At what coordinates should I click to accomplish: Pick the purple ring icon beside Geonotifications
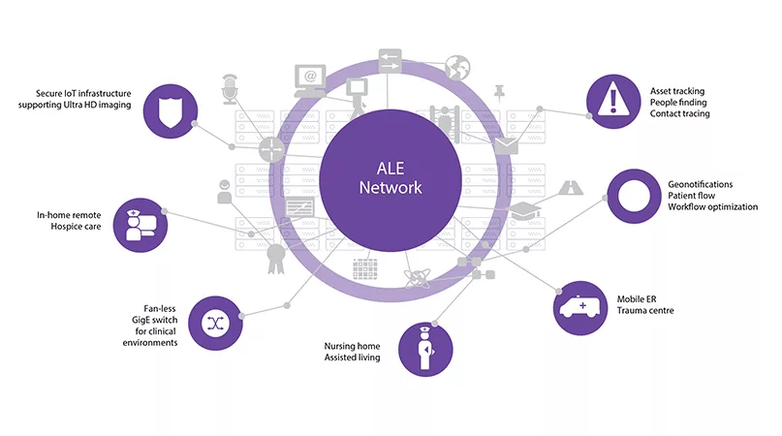click(633, 195)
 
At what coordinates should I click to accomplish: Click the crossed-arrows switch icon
click(214, 324)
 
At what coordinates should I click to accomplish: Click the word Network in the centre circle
click(391, 187)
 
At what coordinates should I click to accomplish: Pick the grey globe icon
click(456, 67)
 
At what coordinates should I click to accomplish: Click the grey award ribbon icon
click(277, 255)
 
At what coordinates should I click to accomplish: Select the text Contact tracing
click(679, 114)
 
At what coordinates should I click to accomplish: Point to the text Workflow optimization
click(712, 207)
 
